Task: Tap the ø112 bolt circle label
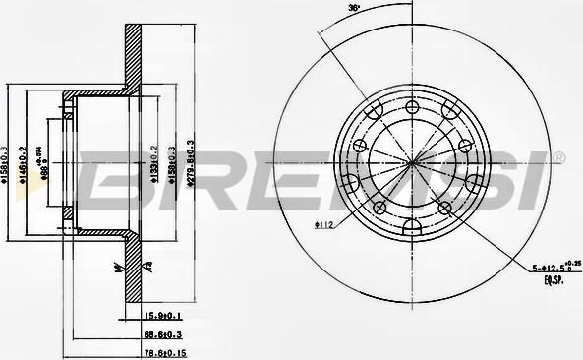click(x=326, y=224)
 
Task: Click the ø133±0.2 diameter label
click(x=154, y=161)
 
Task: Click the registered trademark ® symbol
click(x=559, y=157)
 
